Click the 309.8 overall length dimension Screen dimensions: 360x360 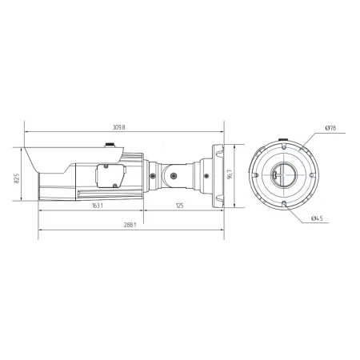click(x=119, y=126)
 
